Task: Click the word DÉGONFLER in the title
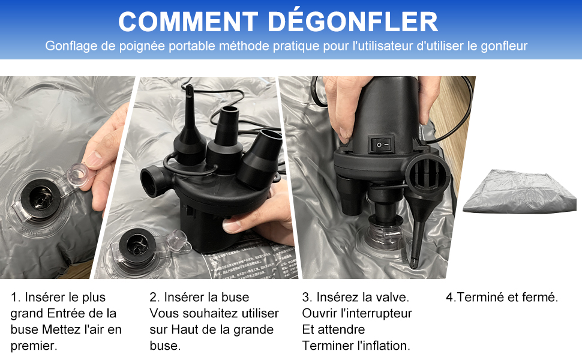click(353, 22)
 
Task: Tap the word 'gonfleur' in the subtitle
click(504, 46)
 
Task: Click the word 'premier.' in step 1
click(34, 346)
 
